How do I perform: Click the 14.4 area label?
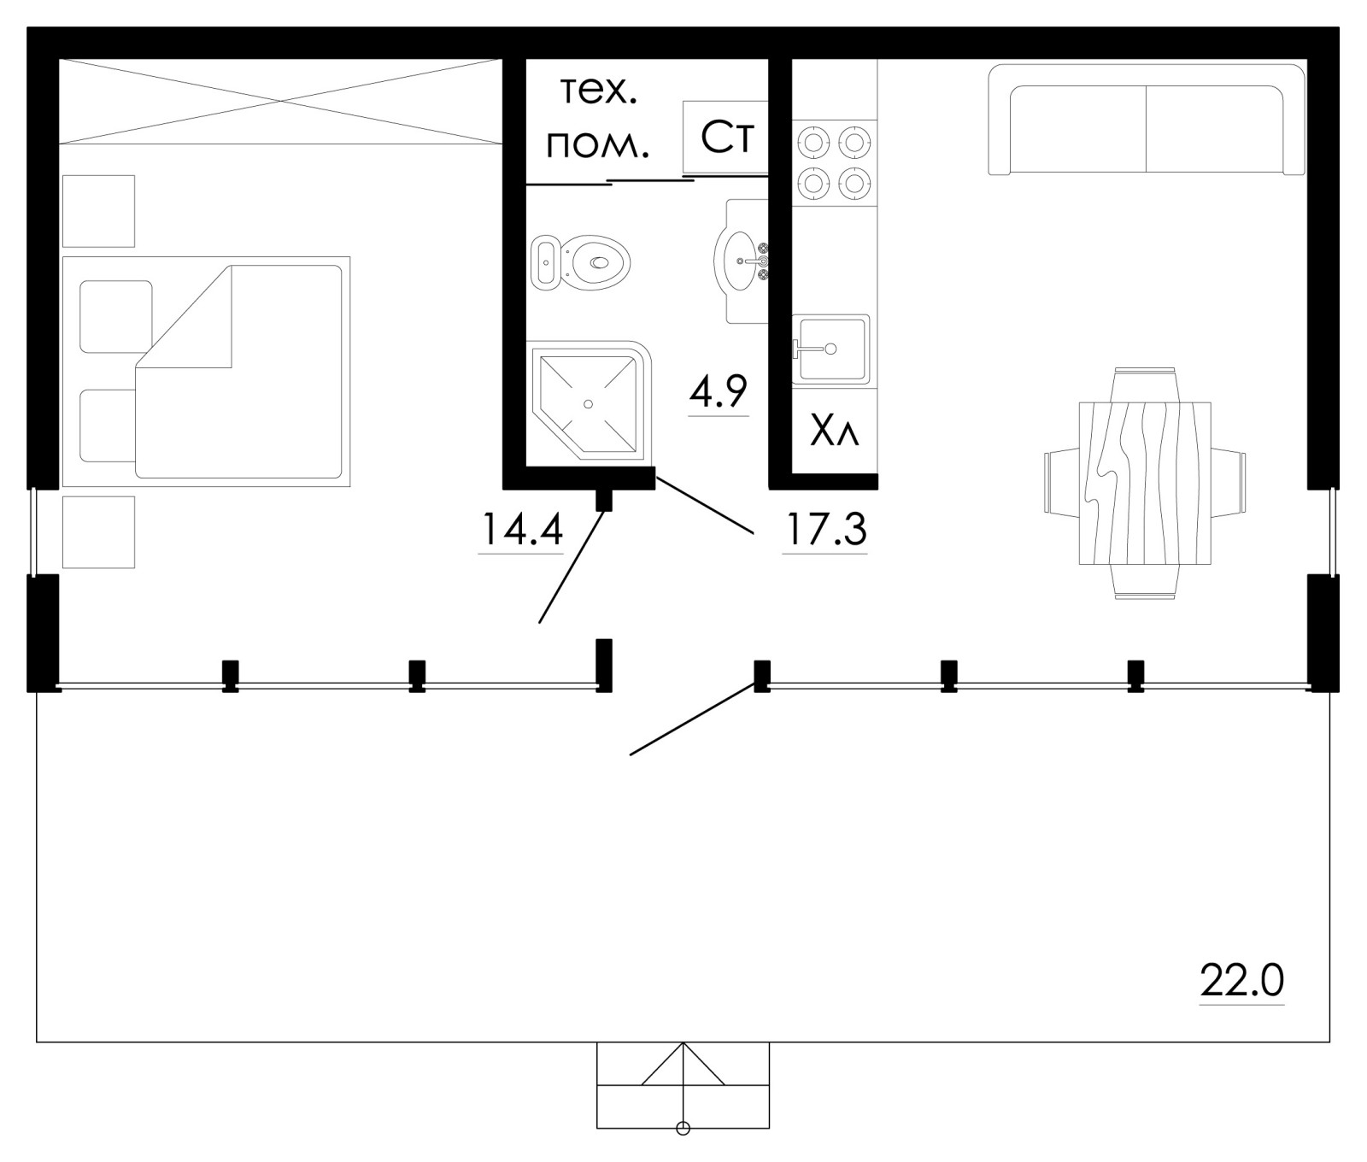(x=522, y=529)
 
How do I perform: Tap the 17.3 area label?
(x=825, y=530)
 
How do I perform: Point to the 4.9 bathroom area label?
(x=719, y=392)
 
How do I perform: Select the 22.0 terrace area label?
(x=1242, y=981)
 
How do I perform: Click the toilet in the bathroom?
(x=581, y=261)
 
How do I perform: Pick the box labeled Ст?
(x=726, y=138)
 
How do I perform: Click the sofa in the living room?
(x=1147, y=120)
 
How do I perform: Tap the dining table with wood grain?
(x=1145, y=483)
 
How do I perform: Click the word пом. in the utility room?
(x=598, y=147)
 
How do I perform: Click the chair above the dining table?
(x=1145, y=384)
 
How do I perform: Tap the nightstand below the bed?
(x=99, y=532)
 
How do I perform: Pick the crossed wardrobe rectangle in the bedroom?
(x=279, y=101)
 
